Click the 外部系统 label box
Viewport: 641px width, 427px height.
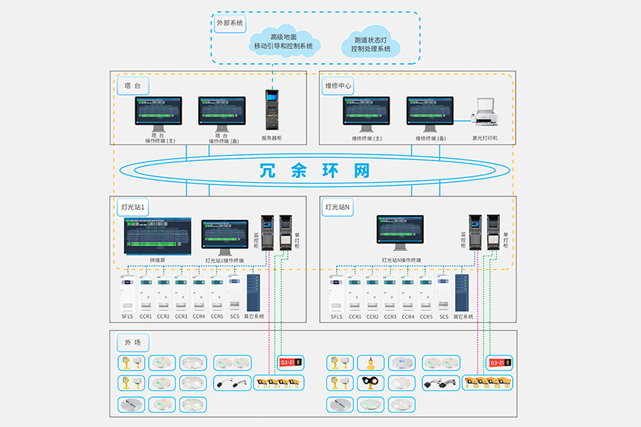coord(229,23)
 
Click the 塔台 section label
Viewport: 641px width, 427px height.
coord(132,85)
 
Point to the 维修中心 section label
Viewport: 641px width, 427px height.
coord(338,85)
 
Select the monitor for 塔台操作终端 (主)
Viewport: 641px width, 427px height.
coord(158,114)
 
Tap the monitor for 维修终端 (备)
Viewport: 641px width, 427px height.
coord(429,114)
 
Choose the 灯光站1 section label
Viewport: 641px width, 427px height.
coord(133,208)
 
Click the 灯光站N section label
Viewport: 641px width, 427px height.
coord(339,208)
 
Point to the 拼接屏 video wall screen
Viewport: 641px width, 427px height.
coord(157,236)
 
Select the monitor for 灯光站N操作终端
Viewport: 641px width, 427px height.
coord(400,232)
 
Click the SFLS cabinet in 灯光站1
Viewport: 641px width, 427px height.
coord(127,293)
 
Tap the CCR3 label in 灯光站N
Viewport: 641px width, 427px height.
coord(390,317)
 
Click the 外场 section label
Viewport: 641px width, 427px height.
coord(132,343)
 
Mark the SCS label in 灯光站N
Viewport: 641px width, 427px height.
coord(444,317)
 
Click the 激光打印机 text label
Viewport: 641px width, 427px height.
coord(485,139)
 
